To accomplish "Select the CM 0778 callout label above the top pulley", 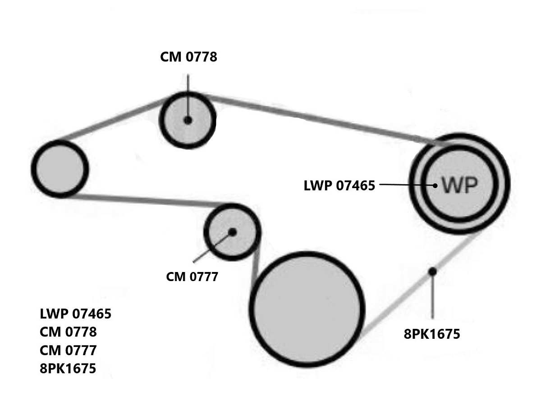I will [188, 57].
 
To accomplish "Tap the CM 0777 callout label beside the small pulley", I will [192, 276].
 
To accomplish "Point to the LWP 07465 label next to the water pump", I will [339, 185].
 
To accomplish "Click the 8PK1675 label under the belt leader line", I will [432, 334].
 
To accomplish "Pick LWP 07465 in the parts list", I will [75, 313].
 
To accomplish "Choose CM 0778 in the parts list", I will [68, 332].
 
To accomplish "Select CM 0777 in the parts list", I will [68, 350].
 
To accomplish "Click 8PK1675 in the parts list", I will [68, 368].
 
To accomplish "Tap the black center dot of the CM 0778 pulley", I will [188, 120].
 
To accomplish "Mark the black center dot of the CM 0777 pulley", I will [232, 232].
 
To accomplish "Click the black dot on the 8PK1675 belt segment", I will [432, 271].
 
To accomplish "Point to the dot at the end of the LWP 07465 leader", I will [435, 185].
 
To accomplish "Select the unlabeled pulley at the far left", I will [60, 168].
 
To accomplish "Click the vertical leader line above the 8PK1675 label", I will [432, 298].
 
